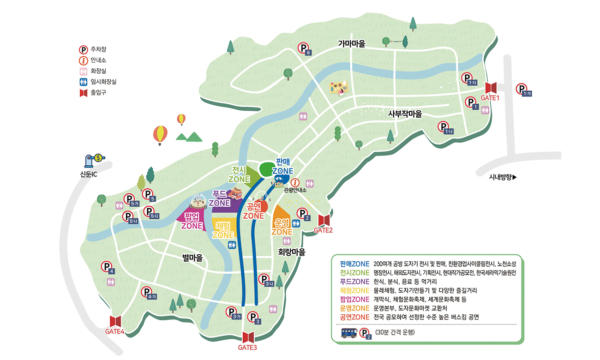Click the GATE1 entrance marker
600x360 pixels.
click(x=493, y=87)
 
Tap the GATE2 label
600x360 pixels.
click(x=323, y=230)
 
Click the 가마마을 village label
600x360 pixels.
click(x=351, y=44)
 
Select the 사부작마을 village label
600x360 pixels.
click(x=405, y=114)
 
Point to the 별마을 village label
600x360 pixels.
click(x=192, y=258)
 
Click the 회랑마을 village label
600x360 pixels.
click(x=292, y=252)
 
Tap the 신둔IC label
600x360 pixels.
click(x=88, y=174)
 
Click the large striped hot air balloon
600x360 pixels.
click(x=160, y=135)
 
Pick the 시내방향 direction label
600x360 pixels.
click(x=502, y=177)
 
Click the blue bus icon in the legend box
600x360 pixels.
click(x=348, y=333)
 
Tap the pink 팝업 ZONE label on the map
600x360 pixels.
click(x=192, y=221)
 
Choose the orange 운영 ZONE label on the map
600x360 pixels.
click(x=282, y=227)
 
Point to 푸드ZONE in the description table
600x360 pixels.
click(x=354, y=282)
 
